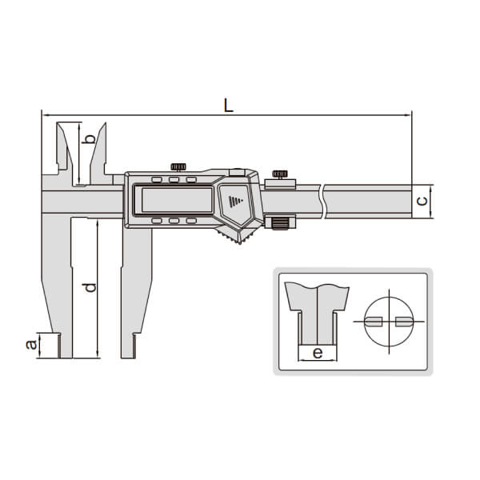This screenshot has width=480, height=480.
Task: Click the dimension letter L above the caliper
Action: [x=229, y=106]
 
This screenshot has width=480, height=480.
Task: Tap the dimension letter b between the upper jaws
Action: [x=90, y=139]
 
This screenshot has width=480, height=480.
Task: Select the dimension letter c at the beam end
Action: [x=422, y=201]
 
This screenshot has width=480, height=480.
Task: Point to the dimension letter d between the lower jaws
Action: [x=90, y=287]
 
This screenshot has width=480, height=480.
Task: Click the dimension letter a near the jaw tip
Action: [x=31, y=345]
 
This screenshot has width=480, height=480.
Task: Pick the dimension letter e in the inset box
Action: [x=318, y=353]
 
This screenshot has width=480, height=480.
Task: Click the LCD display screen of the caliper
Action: [x=177, y=199]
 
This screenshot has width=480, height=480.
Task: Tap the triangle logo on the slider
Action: [x=235, y=201]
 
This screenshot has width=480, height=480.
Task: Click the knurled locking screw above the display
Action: [x=178, y=167]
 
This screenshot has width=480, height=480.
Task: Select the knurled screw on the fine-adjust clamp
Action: [x=280, y=174]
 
